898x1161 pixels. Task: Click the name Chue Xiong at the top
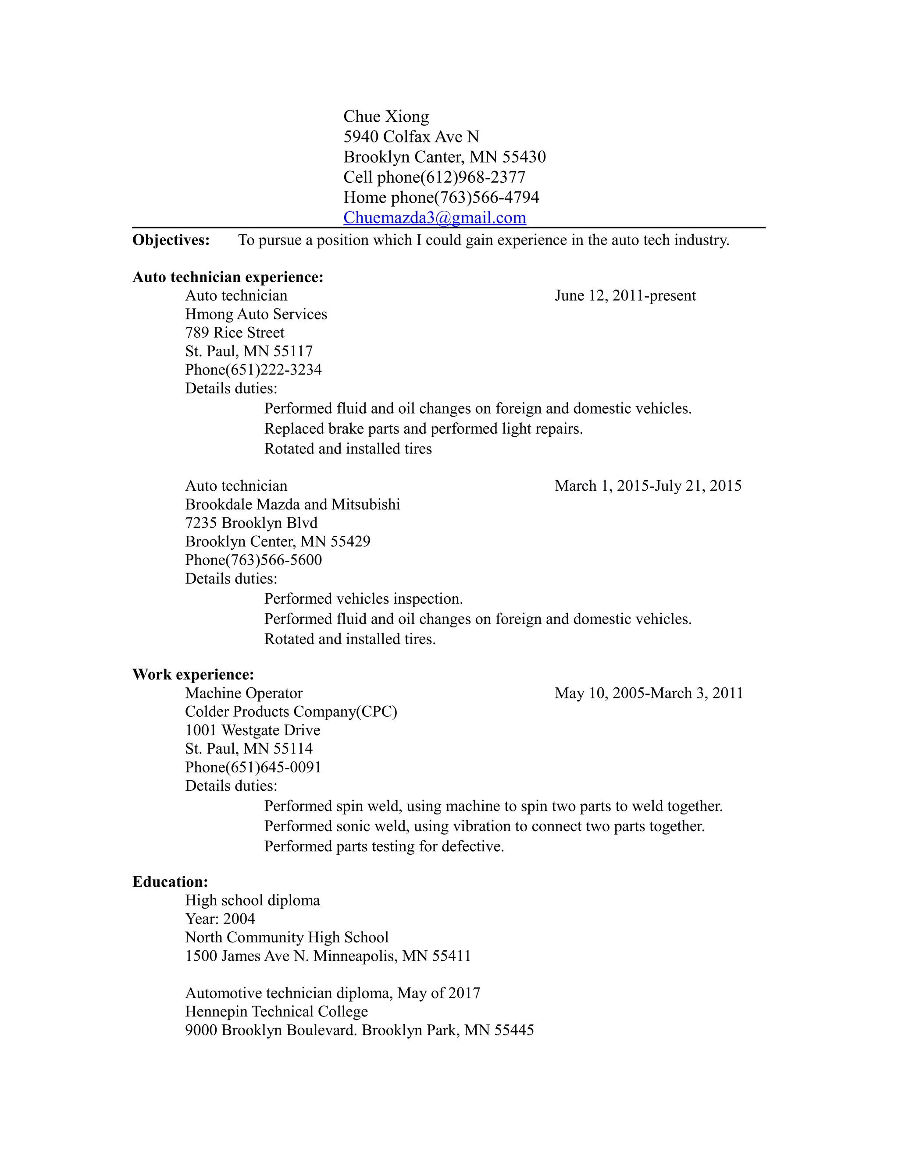coord(386,117)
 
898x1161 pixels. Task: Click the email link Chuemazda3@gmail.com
coord(434,217)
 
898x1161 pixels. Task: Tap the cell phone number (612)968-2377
coord(472,177)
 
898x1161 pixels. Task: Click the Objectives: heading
coord(171,240)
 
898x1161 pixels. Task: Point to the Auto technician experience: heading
coord(228,277)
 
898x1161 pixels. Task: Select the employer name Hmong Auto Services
coord(256,314)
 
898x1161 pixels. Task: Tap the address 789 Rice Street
coord(235,333)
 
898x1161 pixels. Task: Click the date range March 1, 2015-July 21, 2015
coord(648,486)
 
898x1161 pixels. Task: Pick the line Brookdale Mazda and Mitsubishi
coord(292,504)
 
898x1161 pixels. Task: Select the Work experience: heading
coord(193,675)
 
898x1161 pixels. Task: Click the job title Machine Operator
coord(244,693)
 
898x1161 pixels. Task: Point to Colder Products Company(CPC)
coord(291,712)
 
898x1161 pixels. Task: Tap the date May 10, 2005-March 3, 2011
coord(649,693)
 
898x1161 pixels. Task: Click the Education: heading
coord(170,882)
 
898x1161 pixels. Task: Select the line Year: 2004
coord(220,919)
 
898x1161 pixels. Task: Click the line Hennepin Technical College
coord(276,1012)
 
